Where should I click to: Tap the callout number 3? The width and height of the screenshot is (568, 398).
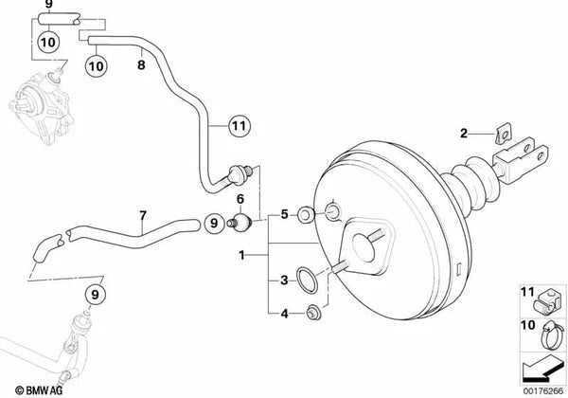[x=283, y=280]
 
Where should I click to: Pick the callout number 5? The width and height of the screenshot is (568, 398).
[x=283, y=216]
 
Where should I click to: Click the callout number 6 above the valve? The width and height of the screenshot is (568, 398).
[x=240, y=199]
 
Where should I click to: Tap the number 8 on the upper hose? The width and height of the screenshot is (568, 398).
[x=141, y=67]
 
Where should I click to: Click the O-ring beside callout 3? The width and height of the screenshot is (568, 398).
[x=306, y=281]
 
